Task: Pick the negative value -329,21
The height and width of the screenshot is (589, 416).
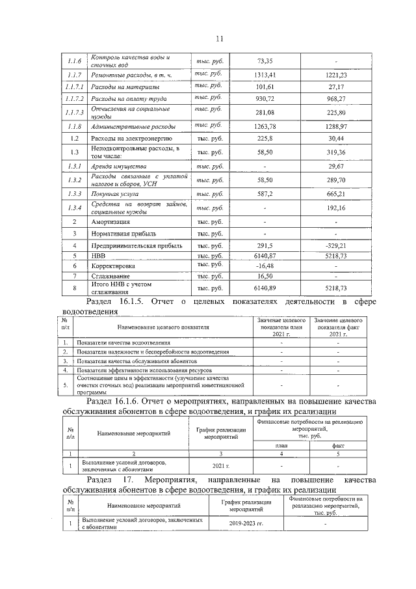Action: [336, 246]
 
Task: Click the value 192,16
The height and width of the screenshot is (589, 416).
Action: [336, 208]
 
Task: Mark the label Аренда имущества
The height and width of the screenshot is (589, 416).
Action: [118, 167]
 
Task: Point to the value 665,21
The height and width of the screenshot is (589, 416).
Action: [336, 194]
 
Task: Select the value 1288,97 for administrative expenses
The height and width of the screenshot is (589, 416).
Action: [336, 126]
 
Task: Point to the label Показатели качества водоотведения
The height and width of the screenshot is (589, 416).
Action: [123, 342]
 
